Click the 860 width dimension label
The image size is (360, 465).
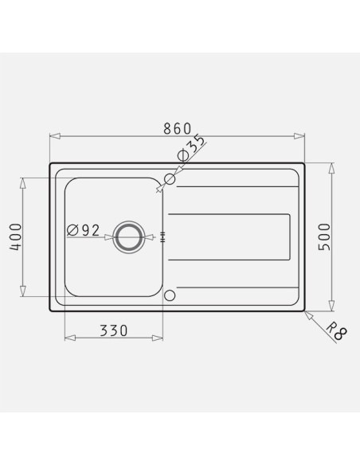pyautogui.click(x=178, y=128)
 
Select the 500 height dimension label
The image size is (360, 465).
pyautogui.click(x=324, y=237)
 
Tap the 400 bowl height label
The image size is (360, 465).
pyautogui.click(x=16, y=237)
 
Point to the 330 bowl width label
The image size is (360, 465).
pyautogui.click(x=114, y=330)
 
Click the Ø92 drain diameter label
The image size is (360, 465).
pyautogui.click(x=84, y=230)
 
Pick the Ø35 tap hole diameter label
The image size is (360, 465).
pyautogui.click(x=190, y=149)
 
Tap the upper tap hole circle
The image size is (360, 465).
pyautogui.click(x=170, y=179)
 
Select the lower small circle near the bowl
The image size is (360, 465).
pyautogui.click(x=170, y=295)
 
